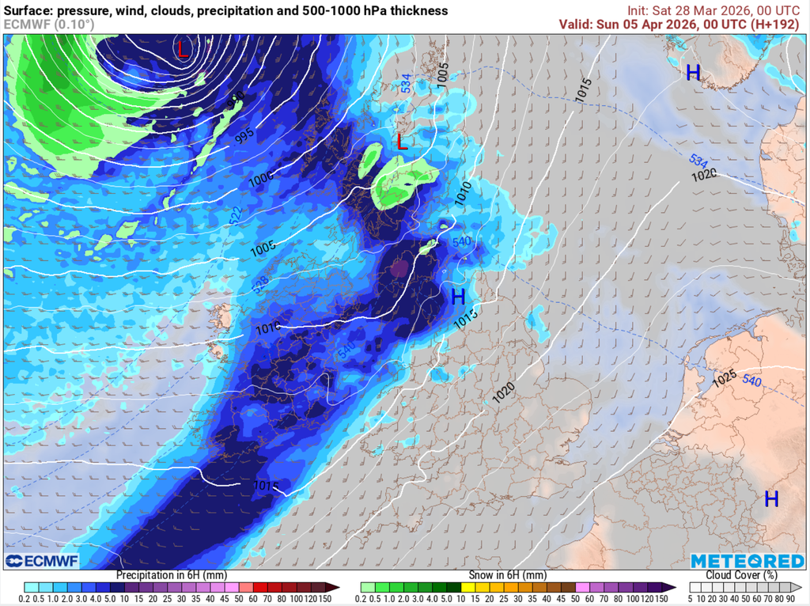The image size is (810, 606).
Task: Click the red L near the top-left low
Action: point(183,50)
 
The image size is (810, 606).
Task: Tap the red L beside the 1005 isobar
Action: point(402,142)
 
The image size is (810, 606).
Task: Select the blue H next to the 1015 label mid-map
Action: point(458,297)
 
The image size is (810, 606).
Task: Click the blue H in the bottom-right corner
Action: point(771,498)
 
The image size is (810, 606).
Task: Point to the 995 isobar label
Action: point(244,135)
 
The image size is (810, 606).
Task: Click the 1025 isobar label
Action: point(725,379)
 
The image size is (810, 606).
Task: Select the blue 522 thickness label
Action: point(237,215)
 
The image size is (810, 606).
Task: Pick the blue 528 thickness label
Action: point(259,286)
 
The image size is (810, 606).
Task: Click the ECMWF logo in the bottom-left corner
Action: point(41,561)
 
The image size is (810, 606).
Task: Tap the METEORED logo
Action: point(748,561)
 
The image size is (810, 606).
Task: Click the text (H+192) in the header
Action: point(779,24)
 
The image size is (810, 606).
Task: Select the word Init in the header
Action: point(639,10)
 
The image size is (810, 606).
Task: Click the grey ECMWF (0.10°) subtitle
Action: point(49,25)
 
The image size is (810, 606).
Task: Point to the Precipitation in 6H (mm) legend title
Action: point(172,575)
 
